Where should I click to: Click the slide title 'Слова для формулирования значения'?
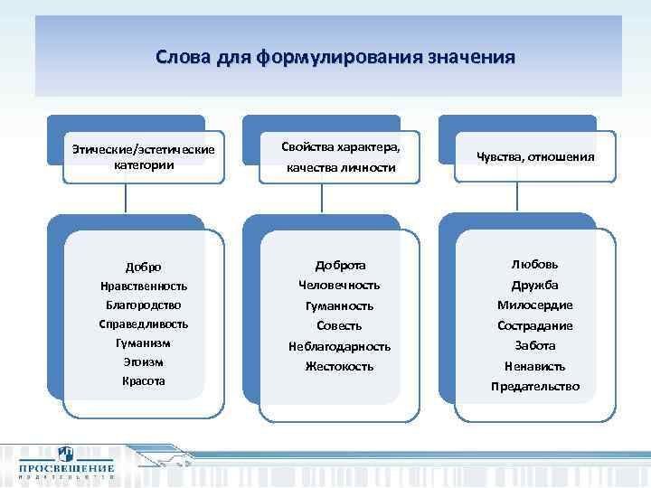pyautogui.click(x=335, y=58)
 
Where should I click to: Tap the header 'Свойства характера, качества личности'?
pyautogui.click(x=340, y=156)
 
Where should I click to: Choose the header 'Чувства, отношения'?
pyautogui.click(x=535, y=156)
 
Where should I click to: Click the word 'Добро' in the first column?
pyautogui.click(x=144, y=267)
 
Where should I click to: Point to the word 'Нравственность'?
pyautogui.click(x=144, y=286)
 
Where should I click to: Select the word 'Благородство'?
pyautogui.click(x=144, y=305)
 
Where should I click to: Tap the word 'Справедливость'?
pyautogui.click(x=144, y=324)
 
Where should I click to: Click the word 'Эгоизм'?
pyautogui.click(x=144, y=361)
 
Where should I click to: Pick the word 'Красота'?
pyautogui.click(x=144, y=381)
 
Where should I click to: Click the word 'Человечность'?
pyautogui.click(x=340, y=285)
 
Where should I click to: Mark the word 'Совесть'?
pyautogui.click(x=340, y=325)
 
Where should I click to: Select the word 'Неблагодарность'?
pyautogui.click(x=340, y=346)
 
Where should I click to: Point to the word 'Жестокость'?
pyautogui.click(x=340, y=367)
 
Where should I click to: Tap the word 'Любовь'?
pyautogui.click(x=535, y=264)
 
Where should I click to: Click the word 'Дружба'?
pyautogui.click(x=535, y=285)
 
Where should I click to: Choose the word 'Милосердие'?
pyautogui.click(x=535, y=305)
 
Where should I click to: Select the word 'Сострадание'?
pyautogui.click(x=535, y=325)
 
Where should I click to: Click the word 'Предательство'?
pyautogui.click(x=535, y=387)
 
